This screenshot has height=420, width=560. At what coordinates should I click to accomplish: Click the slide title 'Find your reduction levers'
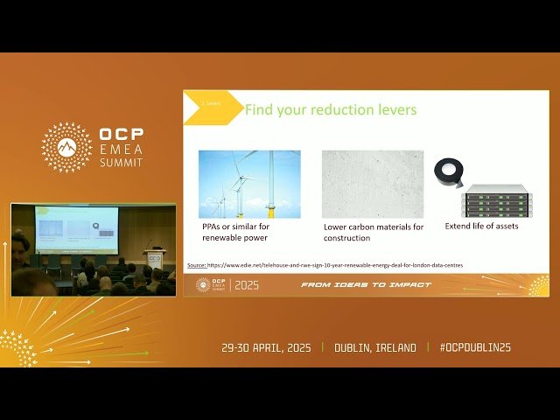click(x=330, y=110)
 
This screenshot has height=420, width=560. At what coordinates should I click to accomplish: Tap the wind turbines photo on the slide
click(x=249, y=184)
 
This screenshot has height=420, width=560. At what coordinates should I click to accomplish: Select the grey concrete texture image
click(x=373, y=184)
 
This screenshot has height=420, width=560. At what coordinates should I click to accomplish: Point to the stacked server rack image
click(x=496, y=200)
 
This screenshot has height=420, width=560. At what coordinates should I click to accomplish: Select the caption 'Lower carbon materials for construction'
click(x=374, y=232)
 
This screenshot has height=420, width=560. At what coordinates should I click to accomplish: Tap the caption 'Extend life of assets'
click(x=482, y=227)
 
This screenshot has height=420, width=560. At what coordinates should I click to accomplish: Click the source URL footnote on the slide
click(x=325, y=264)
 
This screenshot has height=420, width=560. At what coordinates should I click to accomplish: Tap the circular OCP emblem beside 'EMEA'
click(x=66, y=147)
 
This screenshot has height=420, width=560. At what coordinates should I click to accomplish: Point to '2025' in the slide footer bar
click(x=247, y=285)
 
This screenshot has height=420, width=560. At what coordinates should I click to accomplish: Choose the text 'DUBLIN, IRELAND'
click(x=375, y=347)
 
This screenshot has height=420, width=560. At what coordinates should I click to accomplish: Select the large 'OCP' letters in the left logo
click(x=122, y=135)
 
